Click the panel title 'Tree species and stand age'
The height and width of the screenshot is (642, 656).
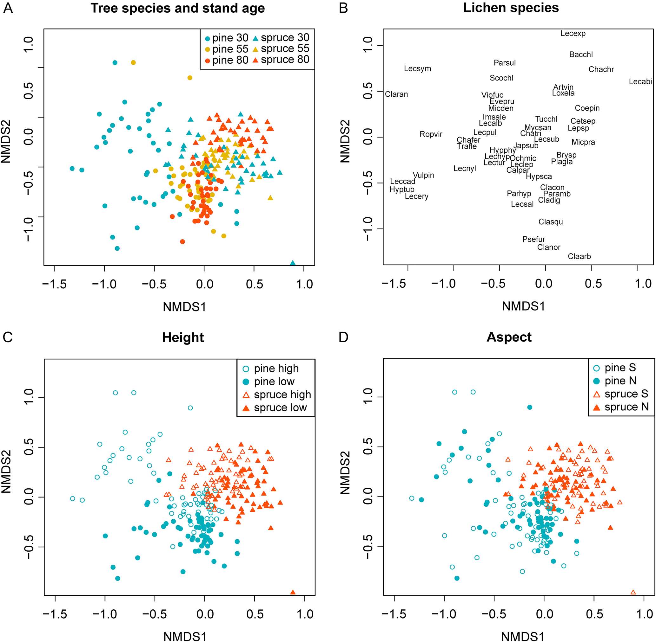point(178,9)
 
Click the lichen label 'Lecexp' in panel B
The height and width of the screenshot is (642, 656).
point(573,33)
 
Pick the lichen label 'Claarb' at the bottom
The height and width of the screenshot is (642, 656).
point(580,256)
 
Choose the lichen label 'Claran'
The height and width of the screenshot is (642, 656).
point(396,94)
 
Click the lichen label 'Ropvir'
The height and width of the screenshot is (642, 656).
point(431,134)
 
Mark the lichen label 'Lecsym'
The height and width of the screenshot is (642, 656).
point(417,69)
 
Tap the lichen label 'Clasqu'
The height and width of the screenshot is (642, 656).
point(551,222)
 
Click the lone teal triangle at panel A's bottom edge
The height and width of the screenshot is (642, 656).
point(293,263)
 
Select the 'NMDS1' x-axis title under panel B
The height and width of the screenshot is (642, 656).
point(523,306)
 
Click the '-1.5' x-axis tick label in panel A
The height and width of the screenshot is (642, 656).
point(54,284)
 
